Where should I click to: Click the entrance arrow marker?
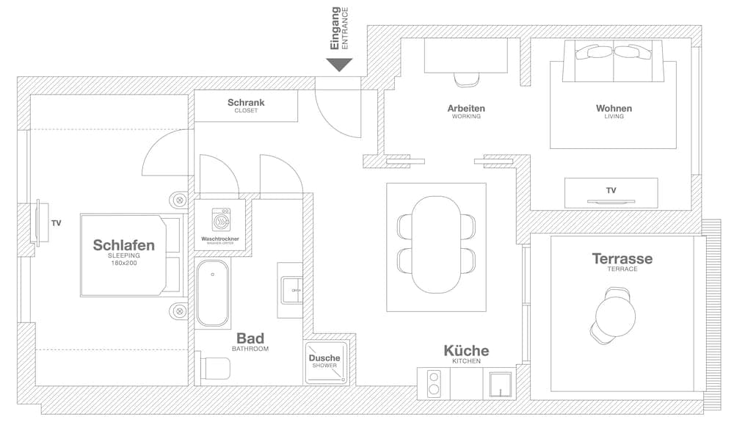(x=339, y=65)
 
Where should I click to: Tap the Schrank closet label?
(x=246, y=103)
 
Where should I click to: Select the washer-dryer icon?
(x=220, y=220)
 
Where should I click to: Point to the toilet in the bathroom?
(x=215, y=368)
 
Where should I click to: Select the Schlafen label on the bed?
(x=124, y=245)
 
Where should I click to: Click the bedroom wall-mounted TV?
(x=37, y=222)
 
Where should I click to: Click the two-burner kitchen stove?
(x=434, y=384)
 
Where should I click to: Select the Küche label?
(x=466, y=351)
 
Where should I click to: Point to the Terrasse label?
(x=622, y=258)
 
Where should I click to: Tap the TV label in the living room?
(x=611, y=190)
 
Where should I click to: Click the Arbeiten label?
(x=466, y=109)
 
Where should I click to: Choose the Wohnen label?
(x=614, y=109)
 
